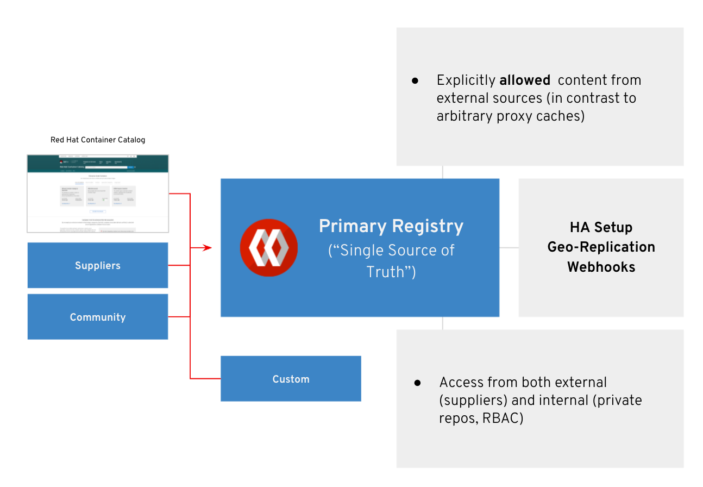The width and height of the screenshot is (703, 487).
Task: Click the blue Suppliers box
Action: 98,265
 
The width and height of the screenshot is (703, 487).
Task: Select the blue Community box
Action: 98,317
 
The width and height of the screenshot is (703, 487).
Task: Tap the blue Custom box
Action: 291,379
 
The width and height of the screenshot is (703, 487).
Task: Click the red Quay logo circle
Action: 269,248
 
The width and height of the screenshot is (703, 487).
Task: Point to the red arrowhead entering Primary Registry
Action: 208,248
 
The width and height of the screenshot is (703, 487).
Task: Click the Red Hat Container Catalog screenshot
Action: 98,193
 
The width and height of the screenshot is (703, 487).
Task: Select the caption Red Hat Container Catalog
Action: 98,140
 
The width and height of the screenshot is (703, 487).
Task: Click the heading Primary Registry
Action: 391,226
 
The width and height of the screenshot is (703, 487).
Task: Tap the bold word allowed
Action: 525,80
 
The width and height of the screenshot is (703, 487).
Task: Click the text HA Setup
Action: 601,227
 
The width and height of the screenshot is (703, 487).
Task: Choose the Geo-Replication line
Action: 601,247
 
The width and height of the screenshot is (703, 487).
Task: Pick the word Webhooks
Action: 601,267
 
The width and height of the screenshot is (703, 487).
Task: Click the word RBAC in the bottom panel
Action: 503,419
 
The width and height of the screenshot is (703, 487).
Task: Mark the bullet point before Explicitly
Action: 415,80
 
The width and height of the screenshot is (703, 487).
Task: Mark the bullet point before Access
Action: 417,383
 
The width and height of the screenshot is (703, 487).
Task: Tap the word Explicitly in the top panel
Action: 466,80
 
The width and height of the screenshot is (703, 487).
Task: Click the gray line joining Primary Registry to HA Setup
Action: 509,248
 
